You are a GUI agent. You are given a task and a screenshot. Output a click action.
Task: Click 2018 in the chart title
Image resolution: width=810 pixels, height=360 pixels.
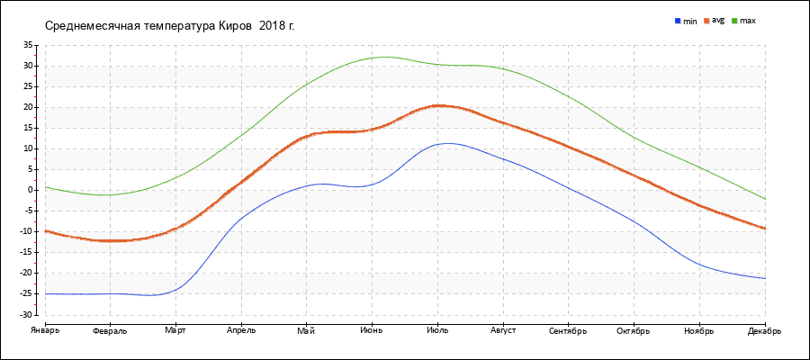[271, 25]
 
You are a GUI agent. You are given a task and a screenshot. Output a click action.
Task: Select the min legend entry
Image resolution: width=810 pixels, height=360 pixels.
[686, 20]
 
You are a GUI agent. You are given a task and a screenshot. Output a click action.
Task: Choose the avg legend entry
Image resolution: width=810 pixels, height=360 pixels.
[715, 20]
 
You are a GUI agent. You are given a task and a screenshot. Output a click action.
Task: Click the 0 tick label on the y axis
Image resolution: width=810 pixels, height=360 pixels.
[30, 190]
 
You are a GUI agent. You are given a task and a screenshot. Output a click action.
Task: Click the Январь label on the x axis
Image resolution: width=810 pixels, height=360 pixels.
[44, 330]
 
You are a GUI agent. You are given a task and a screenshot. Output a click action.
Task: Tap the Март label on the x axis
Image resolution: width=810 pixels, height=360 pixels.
[175, 330]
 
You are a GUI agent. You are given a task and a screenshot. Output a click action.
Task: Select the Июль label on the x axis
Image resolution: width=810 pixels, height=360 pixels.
[437, 330]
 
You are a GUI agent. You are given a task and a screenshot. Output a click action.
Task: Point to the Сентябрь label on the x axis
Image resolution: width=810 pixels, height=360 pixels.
[568, 330]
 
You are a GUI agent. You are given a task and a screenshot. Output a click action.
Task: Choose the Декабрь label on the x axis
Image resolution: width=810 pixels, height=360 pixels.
[764, 330]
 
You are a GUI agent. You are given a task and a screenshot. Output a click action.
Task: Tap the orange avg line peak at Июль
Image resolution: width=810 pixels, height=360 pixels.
[438, 105]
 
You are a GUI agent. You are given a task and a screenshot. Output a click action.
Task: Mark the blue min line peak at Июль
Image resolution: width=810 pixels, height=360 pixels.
[445, 143]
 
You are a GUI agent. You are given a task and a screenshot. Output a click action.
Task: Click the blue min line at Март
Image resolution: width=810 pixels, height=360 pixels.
[175, 290]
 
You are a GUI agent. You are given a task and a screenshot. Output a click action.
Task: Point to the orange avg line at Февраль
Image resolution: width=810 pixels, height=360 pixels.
[110, 240]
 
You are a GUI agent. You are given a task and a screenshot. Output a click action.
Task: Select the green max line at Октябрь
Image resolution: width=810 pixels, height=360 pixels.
[634, 138]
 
